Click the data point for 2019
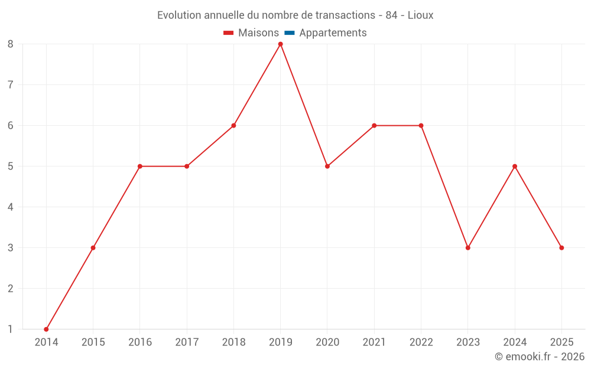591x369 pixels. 280,44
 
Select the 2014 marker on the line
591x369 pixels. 46,329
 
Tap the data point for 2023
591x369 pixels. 468,247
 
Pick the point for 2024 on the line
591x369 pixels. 515,166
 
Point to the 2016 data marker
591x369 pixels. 140,166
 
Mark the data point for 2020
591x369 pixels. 327,166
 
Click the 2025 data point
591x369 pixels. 561,247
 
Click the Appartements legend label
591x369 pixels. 333,33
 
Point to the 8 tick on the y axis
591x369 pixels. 11,44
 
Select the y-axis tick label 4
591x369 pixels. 11,207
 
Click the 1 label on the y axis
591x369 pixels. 11,329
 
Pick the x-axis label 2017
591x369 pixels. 187,342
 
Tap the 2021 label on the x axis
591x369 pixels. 374,342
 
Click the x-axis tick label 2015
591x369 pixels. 93,342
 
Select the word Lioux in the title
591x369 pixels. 421,15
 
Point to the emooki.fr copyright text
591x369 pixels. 540,357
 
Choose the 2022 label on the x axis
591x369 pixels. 421,342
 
